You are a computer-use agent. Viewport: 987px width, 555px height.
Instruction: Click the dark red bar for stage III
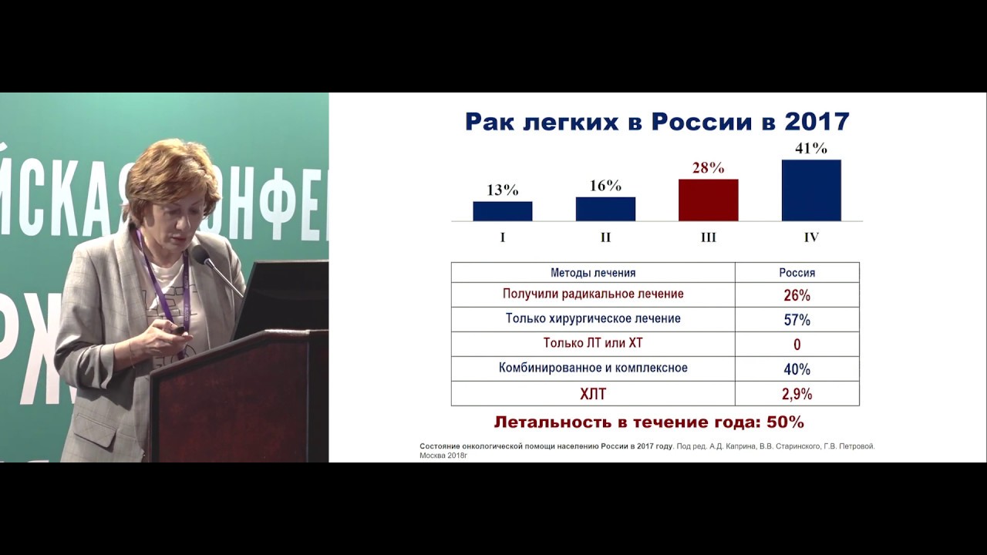click(708, 200)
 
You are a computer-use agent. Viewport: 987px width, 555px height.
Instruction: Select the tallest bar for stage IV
click(811, 190)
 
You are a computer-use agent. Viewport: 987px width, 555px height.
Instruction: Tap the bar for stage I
click(502, 211)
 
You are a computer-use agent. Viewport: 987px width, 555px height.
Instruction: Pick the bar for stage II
click(605, 209)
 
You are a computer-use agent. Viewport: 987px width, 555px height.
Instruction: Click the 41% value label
click(811, 149)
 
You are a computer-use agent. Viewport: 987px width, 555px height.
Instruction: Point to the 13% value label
click(502, 190)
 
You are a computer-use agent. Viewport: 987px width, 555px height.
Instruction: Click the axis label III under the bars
click(708, 237)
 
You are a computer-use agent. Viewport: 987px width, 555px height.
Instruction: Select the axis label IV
click(811, 237)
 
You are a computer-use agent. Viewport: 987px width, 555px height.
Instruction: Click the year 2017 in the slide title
click(816, 122)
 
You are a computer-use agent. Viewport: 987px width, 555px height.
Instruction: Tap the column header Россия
click(797, 273)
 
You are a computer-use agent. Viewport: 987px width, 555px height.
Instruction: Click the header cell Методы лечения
click(593, 273)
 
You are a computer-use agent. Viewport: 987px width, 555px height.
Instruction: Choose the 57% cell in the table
click(797, 320)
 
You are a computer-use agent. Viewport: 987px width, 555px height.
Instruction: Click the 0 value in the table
click(797, 345)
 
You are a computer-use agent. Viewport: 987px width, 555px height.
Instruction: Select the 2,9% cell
click(797, 394)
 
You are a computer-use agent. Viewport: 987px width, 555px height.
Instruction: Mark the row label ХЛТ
click(593, 394)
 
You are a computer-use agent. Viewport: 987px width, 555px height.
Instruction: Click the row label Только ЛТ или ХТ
click(593, 344)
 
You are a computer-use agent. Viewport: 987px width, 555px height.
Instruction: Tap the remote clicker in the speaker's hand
click(179, 330)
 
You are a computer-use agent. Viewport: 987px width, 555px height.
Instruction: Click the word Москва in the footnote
click(433, 456)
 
